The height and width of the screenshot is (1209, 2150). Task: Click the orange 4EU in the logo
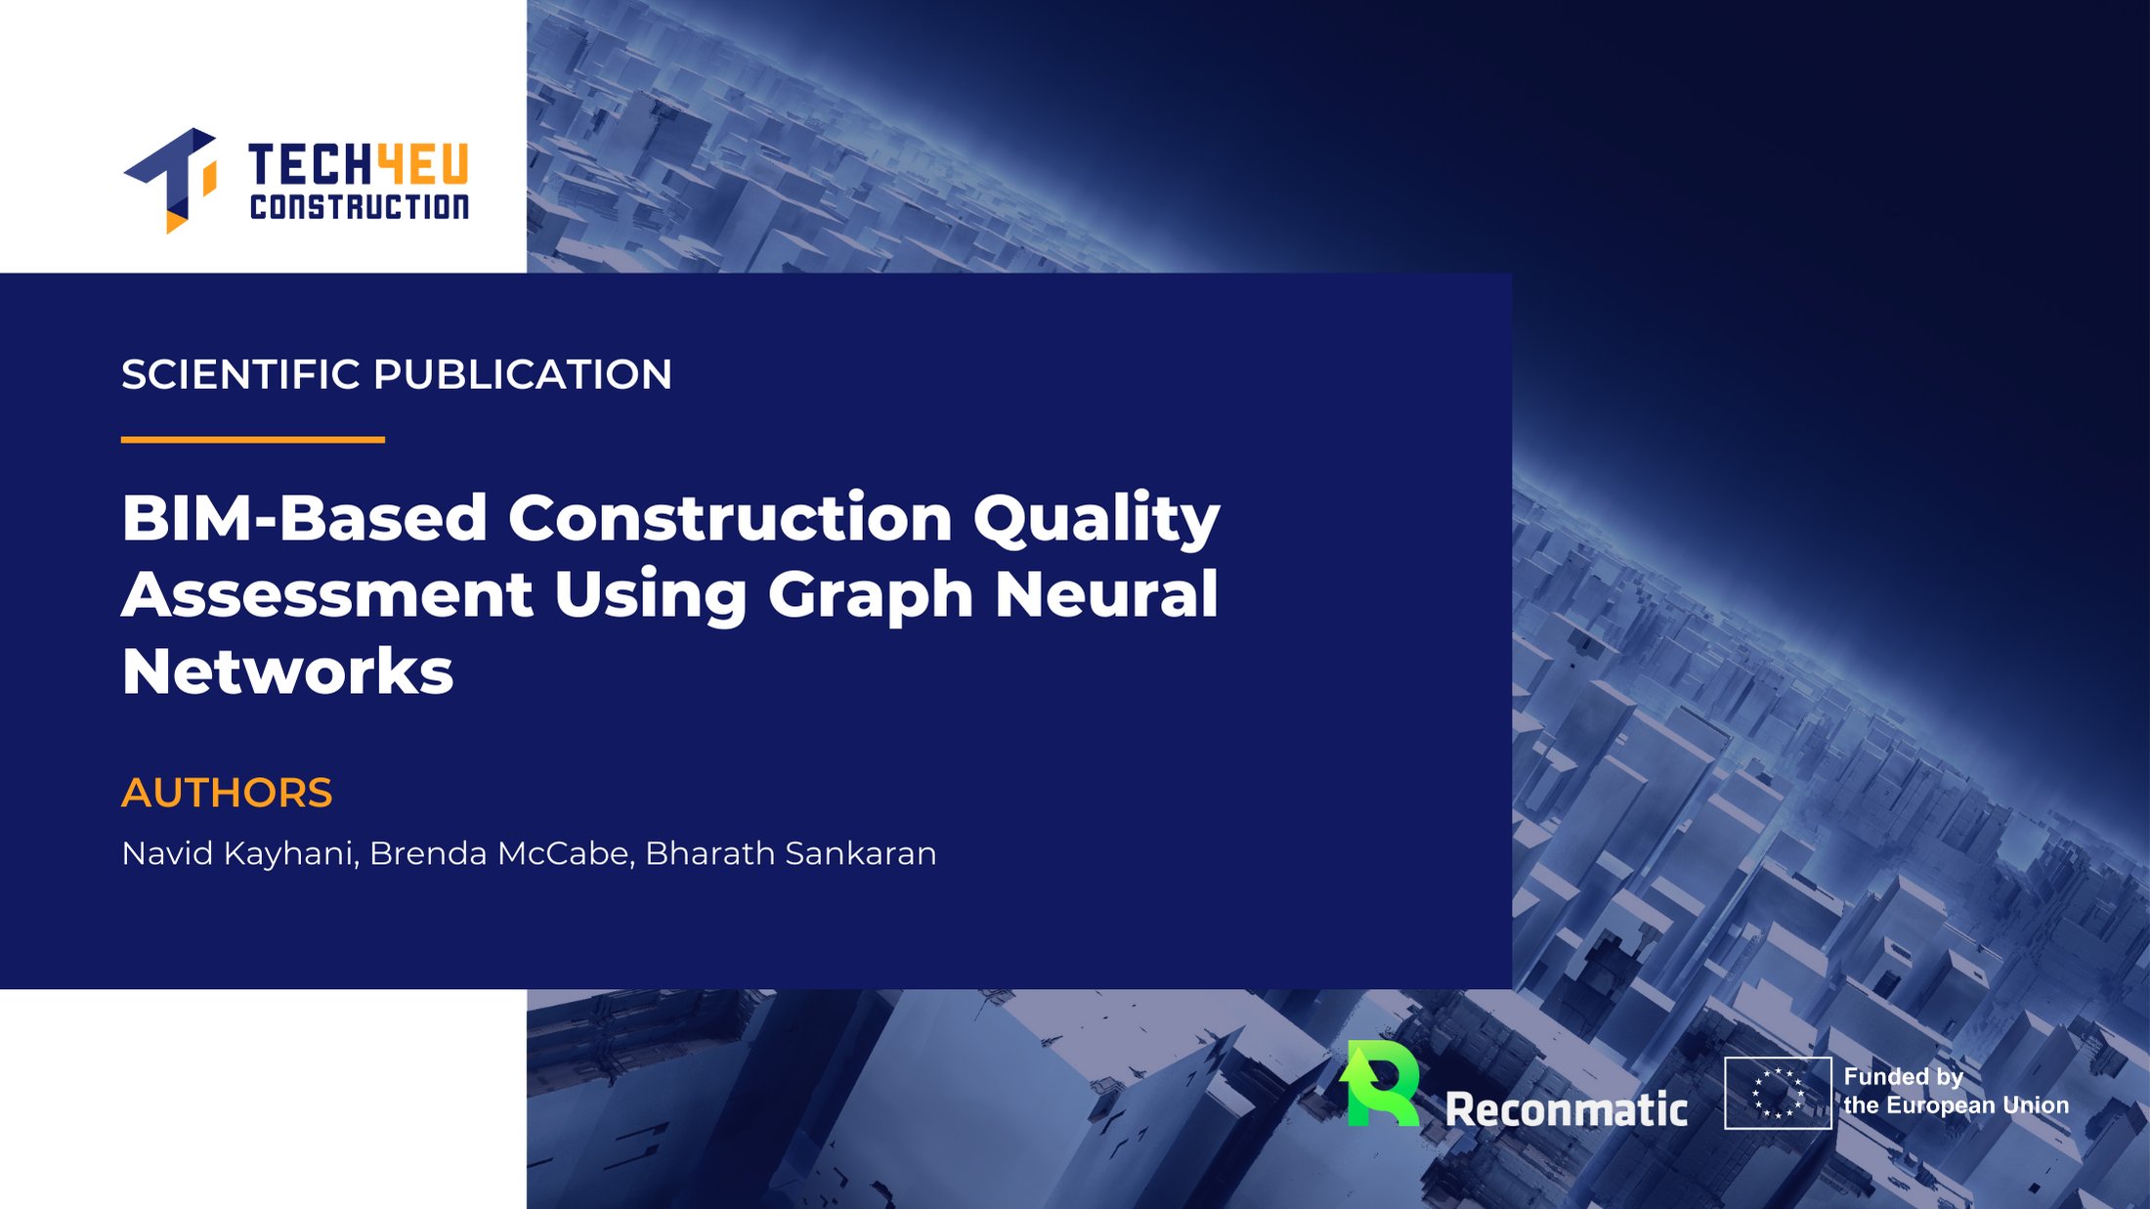click(x=423, y=164)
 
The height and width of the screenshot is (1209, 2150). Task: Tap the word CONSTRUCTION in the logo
click(x=360, y=206)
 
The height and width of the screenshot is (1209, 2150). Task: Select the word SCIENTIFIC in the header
click(x=240, y=374)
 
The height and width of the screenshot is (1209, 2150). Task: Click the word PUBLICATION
click(x=523, y=374)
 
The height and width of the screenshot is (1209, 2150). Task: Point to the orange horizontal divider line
click(x=253, y=440)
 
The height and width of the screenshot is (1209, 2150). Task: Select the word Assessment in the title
click(x=327, y=594)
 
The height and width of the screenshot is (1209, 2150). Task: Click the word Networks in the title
click(x=287, y=671)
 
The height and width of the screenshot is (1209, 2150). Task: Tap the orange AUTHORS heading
click(x=227, y=793)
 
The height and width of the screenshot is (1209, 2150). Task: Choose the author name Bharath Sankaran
click(x=791, y=853)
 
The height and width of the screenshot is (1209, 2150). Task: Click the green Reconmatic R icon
click(x=1380, y=1083)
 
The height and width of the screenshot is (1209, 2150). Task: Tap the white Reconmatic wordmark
click(x=1567, y=1109)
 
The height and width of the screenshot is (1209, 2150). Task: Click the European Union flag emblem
click(x=1778, y=1093)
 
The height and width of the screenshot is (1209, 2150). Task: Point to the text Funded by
click(x=1904, y=1077)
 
